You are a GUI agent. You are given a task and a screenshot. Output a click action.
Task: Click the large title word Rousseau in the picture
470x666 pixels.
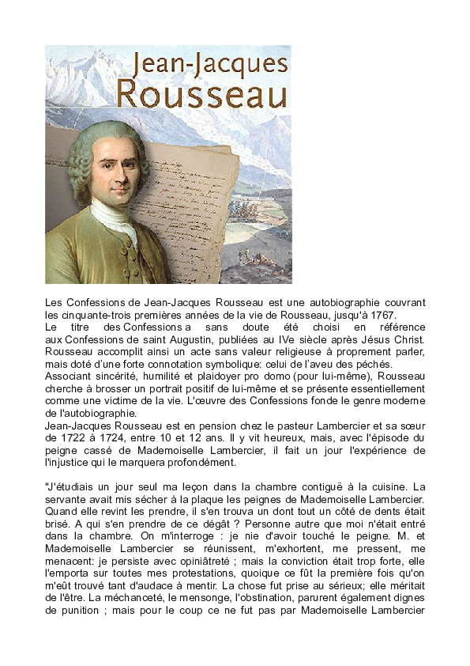pyautogui.click(x=201, y=93)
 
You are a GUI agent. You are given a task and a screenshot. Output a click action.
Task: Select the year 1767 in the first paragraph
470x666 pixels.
pyautogui.click(x=382, y=315)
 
